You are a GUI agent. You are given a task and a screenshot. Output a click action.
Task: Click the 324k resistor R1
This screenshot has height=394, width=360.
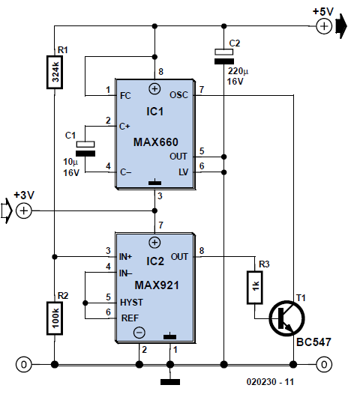pos(55,73)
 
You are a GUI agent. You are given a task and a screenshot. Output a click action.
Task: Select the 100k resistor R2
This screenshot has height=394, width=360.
pos(55,318)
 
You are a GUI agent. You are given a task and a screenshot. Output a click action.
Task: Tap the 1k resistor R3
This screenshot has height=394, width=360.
pos(255,288)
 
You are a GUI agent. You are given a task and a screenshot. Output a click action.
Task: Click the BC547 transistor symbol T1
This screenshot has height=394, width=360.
pos(286,318)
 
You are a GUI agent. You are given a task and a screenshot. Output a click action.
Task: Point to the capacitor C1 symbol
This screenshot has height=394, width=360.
pos(85,149)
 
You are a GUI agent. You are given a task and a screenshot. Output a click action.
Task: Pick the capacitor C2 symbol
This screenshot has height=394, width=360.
pos(224,56)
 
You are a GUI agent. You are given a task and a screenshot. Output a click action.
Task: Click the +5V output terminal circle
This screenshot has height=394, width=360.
pos(324,26)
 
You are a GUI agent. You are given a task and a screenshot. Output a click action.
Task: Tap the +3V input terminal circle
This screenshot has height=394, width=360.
pos(24,210)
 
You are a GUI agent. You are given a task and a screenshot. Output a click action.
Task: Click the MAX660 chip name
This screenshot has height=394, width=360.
pos(156,142)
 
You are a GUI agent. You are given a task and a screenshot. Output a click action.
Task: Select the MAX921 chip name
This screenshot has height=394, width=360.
pos(157,285)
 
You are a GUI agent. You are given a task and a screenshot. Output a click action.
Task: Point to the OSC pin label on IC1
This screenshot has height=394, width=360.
pos(178,95)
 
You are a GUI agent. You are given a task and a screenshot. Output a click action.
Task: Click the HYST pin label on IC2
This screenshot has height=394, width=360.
pos(131,303)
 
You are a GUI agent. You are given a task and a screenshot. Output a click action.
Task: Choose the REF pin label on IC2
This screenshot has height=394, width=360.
pos(130,318)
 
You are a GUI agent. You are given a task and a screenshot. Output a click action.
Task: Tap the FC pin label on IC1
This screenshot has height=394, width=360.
pos(125,96)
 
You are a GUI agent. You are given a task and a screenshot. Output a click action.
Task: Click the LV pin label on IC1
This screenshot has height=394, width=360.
pos(184,172)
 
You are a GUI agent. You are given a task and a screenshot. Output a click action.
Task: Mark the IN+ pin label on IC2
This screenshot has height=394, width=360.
pos(125,257)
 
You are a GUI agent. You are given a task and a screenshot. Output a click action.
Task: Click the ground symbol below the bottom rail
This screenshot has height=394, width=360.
pos(170,382)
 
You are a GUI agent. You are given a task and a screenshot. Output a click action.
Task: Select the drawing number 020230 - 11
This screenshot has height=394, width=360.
pos(270,382)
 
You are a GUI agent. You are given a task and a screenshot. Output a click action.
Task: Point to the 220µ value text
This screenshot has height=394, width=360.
pos(238,71)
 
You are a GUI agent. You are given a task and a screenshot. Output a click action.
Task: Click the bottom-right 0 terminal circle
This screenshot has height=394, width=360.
pos(324,364)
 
